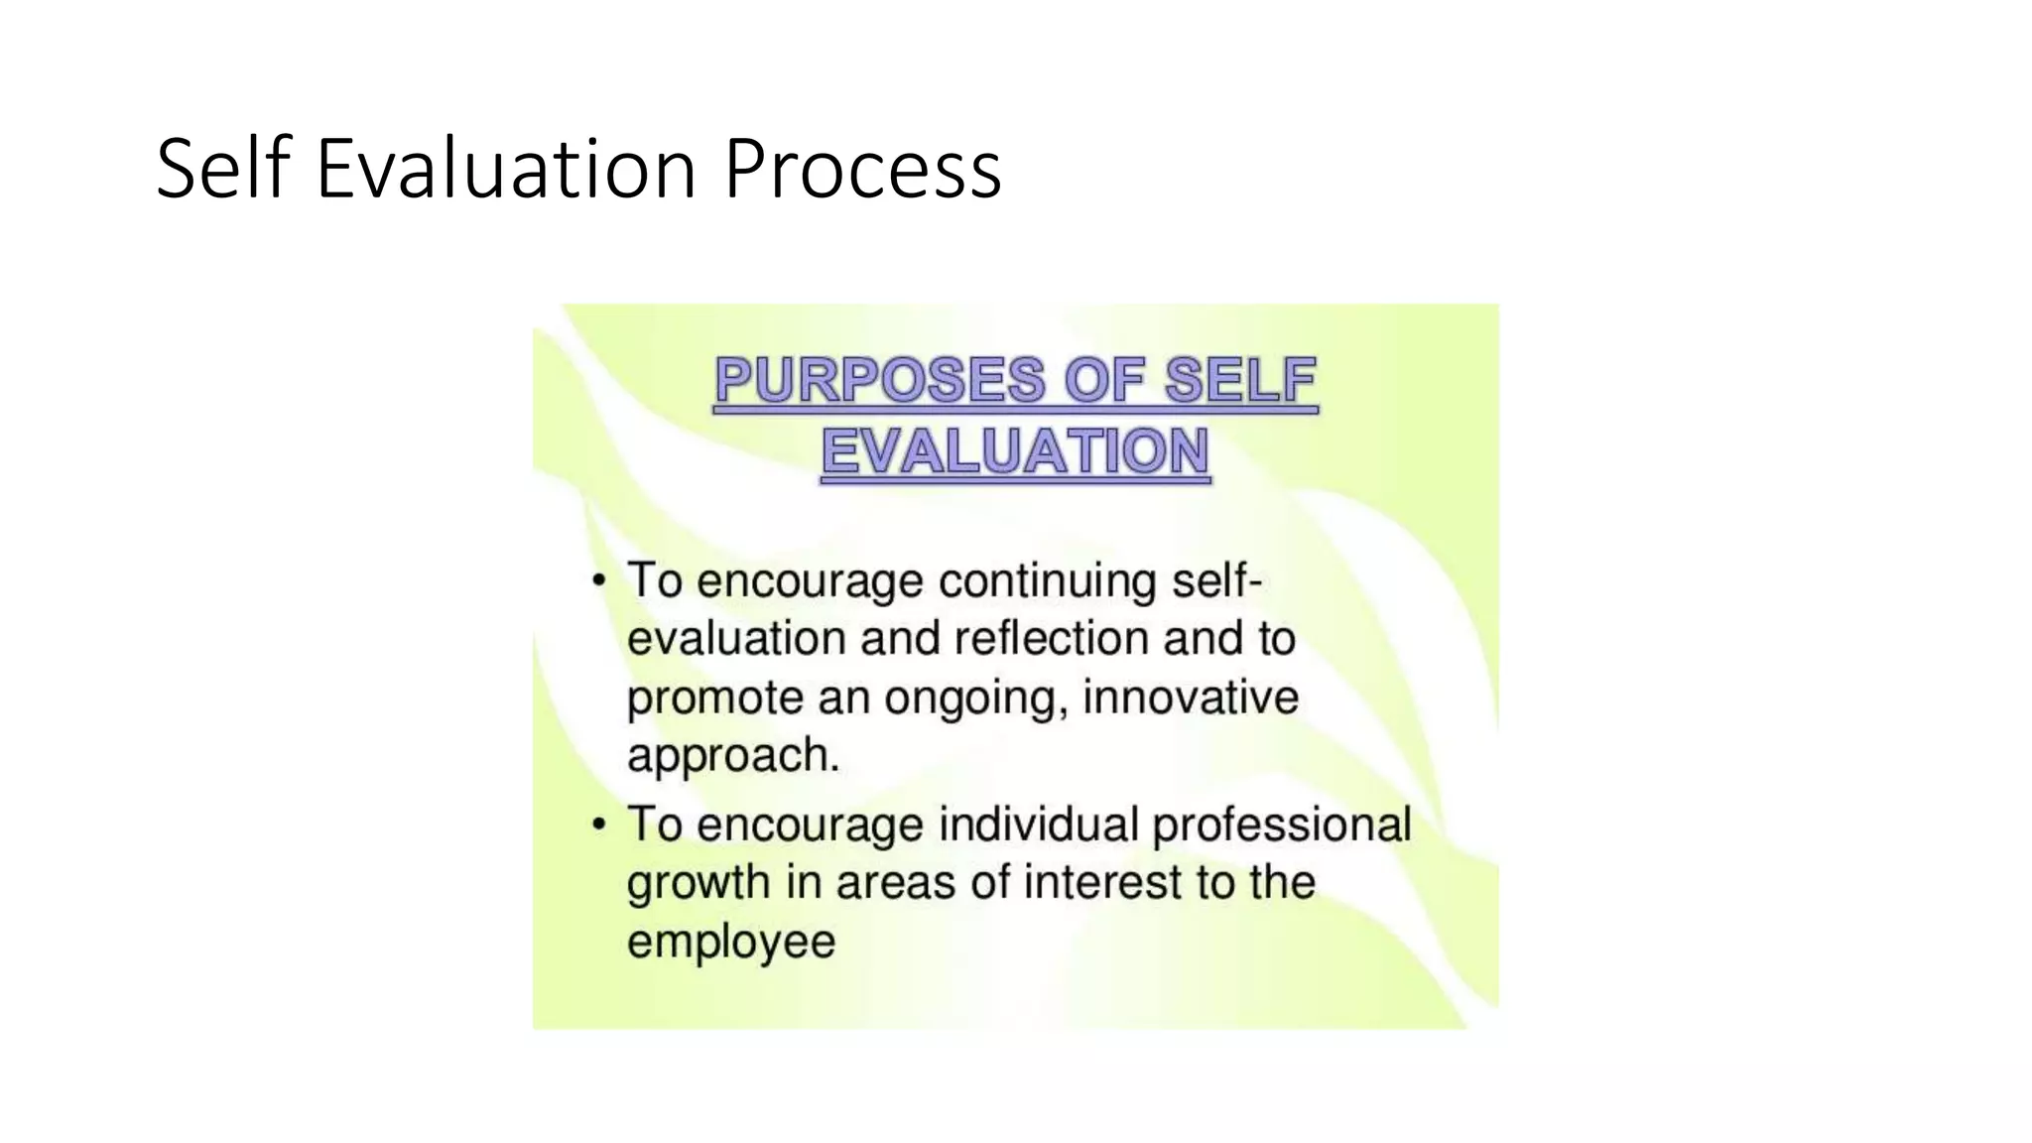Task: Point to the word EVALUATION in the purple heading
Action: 1015,452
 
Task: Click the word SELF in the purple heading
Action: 1240,381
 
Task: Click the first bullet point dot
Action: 598,579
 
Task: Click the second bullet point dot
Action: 598,824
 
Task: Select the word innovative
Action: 1190,697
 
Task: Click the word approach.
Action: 732,756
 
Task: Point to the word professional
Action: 1281,825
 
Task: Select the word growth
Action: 698,883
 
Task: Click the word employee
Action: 731,942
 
